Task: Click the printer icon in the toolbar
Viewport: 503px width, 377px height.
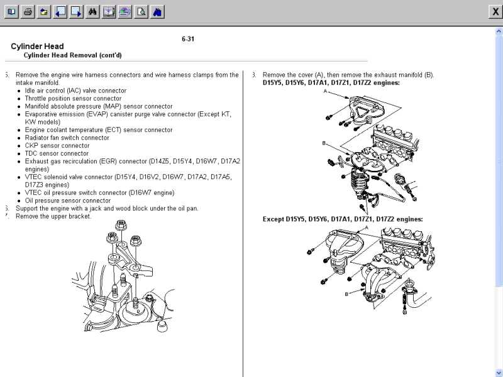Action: point(28,11)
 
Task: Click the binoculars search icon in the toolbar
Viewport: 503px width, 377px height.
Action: point(92,11)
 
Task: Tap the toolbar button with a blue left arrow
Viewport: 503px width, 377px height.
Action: point(60,11)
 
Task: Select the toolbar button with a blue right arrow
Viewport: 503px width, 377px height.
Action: point(76,11)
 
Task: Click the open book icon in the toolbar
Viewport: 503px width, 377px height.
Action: point(11,11)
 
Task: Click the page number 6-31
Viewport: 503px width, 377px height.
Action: point(188,39)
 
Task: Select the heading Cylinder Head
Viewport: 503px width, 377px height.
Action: point(37,46)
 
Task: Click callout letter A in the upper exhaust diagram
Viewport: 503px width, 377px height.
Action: point(325,92)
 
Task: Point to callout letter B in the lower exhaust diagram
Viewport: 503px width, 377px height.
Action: point(346,293)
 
